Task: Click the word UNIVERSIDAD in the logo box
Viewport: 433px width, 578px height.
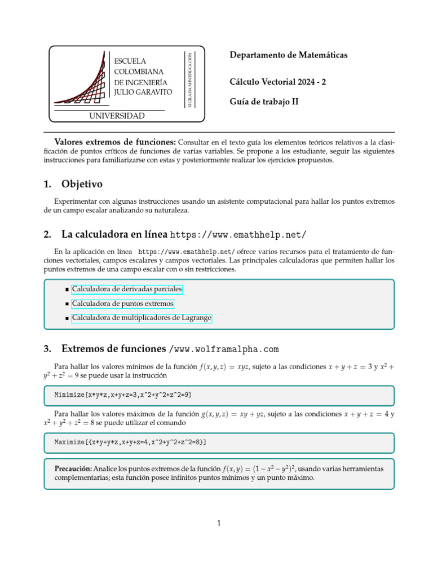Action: (x=117, y=116)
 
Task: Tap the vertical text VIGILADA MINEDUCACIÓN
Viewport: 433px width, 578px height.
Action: (x=190, y=79)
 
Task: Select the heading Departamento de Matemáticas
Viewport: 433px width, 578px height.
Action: (x=289, y=55)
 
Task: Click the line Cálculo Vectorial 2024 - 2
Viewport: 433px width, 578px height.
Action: (x=277, y=82)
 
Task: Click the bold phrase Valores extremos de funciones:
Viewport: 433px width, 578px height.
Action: (x=115, y=142)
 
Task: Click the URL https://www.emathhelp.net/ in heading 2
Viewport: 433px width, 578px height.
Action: (x=238, y=234)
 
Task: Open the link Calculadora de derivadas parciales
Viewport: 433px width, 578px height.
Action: (x=127, y=289)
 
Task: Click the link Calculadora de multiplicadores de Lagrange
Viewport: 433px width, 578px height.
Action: (x=142, y=318)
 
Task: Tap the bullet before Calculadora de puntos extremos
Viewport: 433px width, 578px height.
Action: (x=67, y=304)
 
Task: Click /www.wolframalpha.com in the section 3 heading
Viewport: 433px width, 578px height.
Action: (x=224, y=349)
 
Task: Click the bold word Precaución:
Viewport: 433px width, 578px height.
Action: (x=73, y=469)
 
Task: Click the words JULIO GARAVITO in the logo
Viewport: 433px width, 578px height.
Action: (x=143, y=91)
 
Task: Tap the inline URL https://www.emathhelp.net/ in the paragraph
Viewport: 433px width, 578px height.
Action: (x=186, y=251)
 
